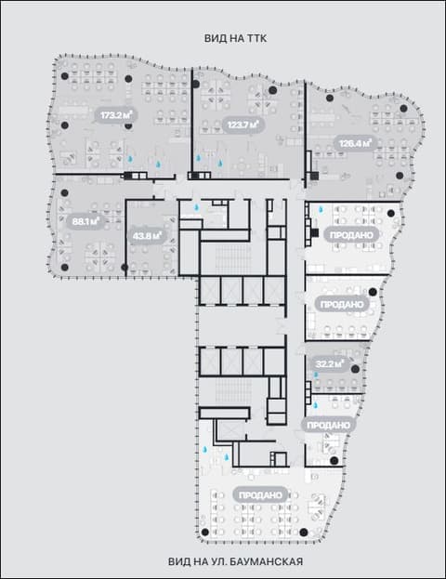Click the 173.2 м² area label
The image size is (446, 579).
coord(117,115)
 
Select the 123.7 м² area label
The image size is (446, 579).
coord(243,125)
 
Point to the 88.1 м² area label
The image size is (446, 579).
coord(85,221)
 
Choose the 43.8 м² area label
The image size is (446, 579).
coord(147,235)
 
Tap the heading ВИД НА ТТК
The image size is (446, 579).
coord(236,38)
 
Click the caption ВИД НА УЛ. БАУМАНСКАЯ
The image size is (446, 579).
coord(236,561)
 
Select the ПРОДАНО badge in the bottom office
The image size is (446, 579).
coord(260,495)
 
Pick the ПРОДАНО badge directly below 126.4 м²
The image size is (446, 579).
coord(351,235)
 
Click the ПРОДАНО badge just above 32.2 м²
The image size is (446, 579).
coord(342,304)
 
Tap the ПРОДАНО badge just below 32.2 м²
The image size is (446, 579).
coord(329,425)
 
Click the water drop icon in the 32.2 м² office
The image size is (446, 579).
coord(316,375)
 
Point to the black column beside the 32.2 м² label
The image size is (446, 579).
coord(355,369)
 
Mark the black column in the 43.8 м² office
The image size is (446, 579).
coord(125,267)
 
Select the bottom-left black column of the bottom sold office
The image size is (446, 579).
coord(205,533)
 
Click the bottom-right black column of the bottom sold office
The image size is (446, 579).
coord(304,533)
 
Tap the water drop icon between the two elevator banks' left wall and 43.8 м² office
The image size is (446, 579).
coord(197,207)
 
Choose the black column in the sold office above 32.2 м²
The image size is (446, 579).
coord(373,292)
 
